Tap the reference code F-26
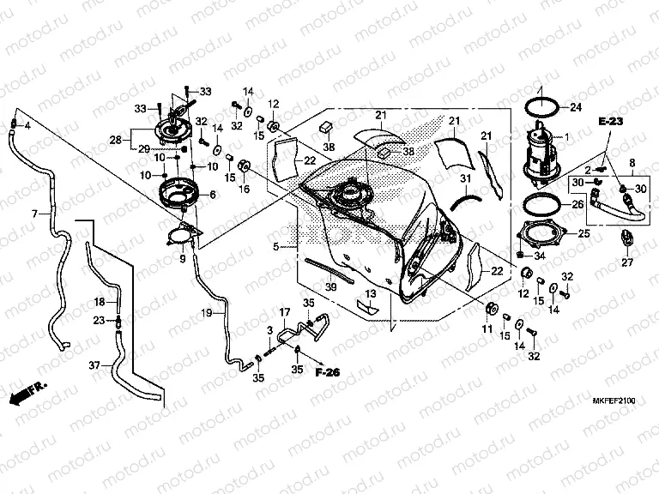pos(327,374)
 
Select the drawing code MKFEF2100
pos(611,399)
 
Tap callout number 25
pos(584,232)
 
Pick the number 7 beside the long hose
pos(35,214)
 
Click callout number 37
pos(94,364)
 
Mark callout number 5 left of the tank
pos(275,247)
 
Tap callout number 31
pos(464,178)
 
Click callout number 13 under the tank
pos(371,293)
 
